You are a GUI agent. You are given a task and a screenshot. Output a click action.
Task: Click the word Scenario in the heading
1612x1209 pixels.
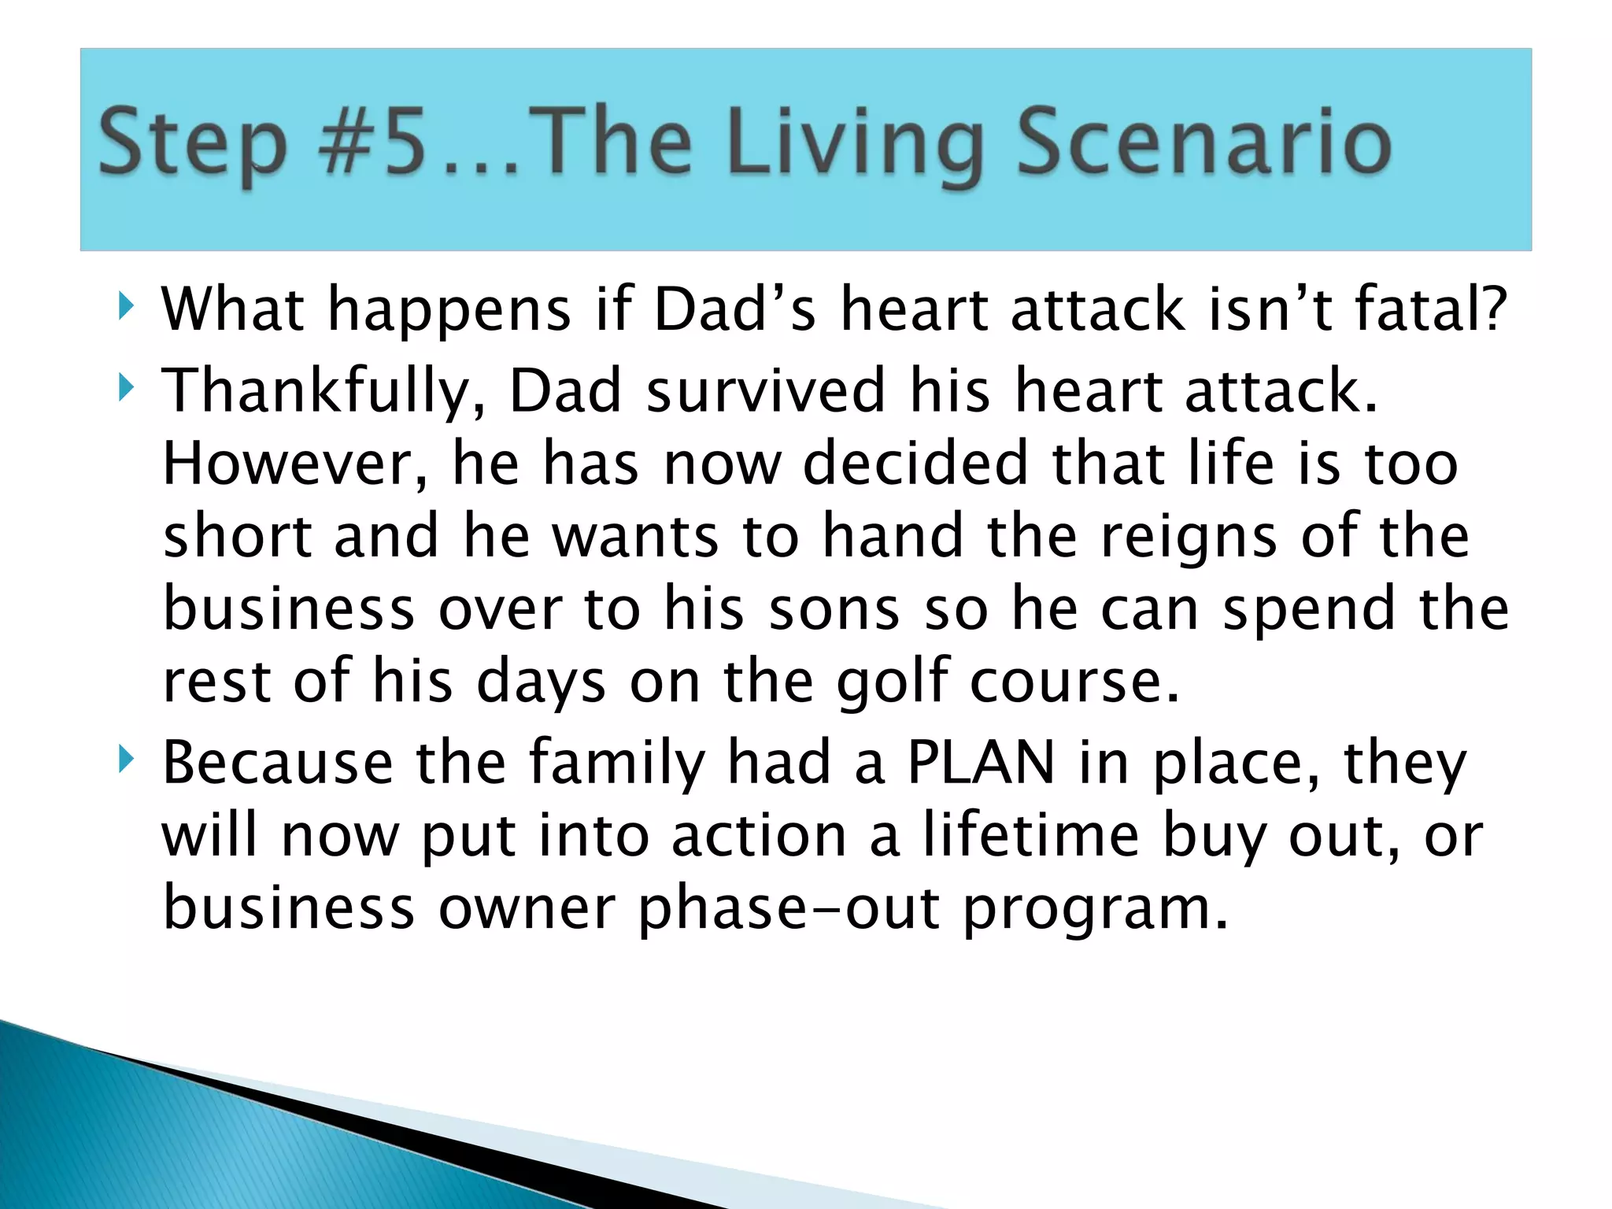(x=1204, y=142)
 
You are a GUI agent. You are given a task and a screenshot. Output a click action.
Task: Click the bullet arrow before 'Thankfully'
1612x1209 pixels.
(x=125, y=388)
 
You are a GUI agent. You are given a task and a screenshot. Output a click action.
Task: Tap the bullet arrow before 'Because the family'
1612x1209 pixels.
(x=125, y=760)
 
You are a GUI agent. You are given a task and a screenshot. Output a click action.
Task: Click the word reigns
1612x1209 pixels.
(x=1188, y=538)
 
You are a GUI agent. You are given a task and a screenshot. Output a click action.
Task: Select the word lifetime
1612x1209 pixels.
(x=1030, y=835)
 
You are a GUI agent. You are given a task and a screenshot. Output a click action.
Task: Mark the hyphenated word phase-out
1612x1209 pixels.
(x=789, y=910)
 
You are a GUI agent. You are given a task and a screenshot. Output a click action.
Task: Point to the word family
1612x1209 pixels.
(x=616, y=763)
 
